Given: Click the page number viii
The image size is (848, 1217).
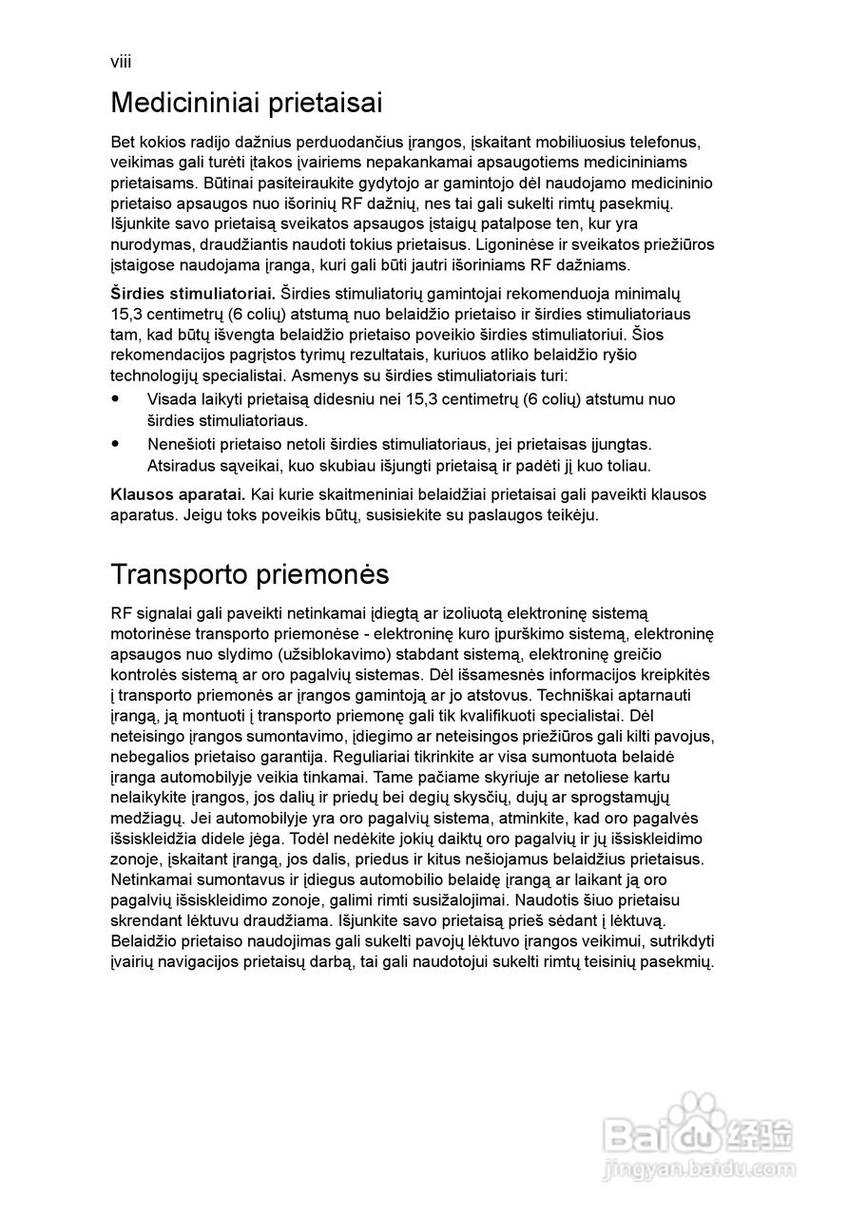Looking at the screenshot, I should pos(121,62).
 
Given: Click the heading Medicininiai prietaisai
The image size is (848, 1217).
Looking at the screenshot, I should pos(246,102).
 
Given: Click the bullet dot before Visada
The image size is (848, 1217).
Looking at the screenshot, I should pos(116,399).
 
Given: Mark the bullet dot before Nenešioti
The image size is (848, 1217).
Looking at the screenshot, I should pos(116,444).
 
